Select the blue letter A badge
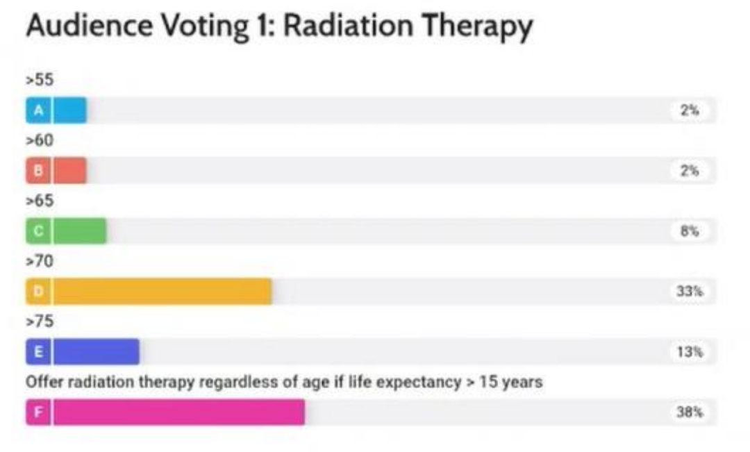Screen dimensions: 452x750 click(x=38, y=110)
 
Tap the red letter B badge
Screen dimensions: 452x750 click(x=38, y=171)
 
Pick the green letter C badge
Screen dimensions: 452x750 click(x=38, y=231)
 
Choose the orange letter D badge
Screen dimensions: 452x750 click(x=38, y=292)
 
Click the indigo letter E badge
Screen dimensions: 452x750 click(x=38, y=352)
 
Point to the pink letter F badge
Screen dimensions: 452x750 click(x=38, y=412)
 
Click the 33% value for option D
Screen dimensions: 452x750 click(x=690, y=292)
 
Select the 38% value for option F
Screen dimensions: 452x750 click(x=690, y=412)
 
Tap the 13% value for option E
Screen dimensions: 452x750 click(x=690, y=352)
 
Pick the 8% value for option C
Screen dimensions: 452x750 click(x=690, y=231)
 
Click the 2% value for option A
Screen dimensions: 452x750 click(x=690, y=110)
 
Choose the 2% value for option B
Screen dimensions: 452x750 click(x=690, y=171)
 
